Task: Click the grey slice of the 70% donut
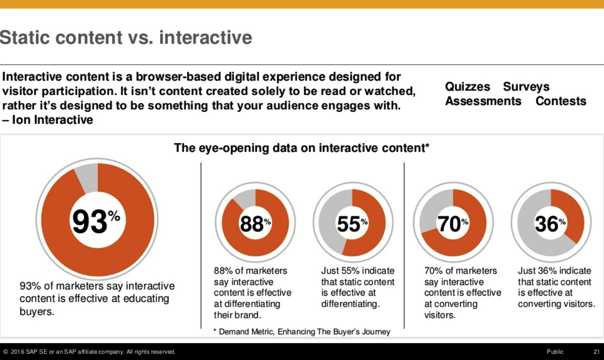(x=429, y=213)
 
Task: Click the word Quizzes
(x=468, y=87)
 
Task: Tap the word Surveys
(x=526, y=87)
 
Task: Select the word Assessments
(x=483, y=101)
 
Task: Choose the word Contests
(x=561, y=101)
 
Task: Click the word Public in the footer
(x=555, y=352)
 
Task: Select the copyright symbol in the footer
(x=5, y=352)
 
